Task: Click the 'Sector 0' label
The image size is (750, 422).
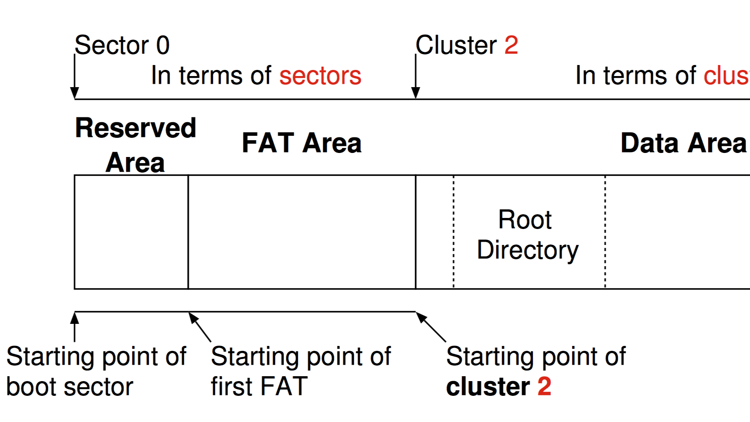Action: pyautogui.click(x=122, y=45)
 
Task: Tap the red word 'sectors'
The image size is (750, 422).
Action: pyautogui.click(x=320, y=76)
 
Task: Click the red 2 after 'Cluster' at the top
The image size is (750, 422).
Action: pyautogui.click(x=511, y=45)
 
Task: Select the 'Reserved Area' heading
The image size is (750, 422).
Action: pyautogui.click(x=135, y=145)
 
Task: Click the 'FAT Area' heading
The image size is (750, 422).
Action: pyautogui.click(x=301, y=143)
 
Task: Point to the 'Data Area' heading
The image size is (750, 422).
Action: pyautogui.click(x=683, y=143)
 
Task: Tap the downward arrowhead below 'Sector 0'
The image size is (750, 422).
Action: pyautogui.click(x=74, y=92)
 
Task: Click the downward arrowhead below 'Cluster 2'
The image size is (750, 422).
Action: pyautogui.click(x=415, y=92)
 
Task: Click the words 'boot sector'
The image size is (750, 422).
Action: pyautogui.click(x=69, y=387)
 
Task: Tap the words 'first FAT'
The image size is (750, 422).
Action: pyautogui.click(x=259, y=387)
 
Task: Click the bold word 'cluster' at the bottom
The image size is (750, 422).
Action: pyautogui.click(x=488, y=387)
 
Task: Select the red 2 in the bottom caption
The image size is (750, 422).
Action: pyautogui.click(x=544, y=387)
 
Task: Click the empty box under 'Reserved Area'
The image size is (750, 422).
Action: pyautogui.click(x=131, y=232)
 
